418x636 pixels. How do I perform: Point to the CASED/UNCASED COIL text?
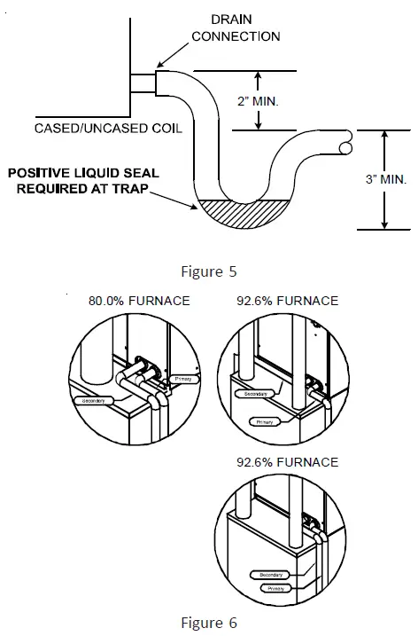pyautogui.click(x=109, y=129)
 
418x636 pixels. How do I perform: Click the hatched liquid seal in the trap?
pyautogui.click(x=239, y=211)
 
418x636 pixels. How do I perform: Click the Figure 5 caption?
pyautogui.click(x=209, y=271)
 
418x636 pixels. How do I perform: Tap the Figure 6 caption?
pyautogui.click(x=209, y=623)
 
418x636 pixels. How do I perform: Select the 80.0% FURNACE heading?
pyautogui.click(x=139, y=301)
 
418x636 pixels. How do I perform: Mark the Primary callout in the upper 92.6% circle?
pyautogui.click(x=265, y=422)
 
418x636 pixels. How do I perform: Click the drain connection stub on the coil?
pyautogui.click(x=144, y=85)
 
